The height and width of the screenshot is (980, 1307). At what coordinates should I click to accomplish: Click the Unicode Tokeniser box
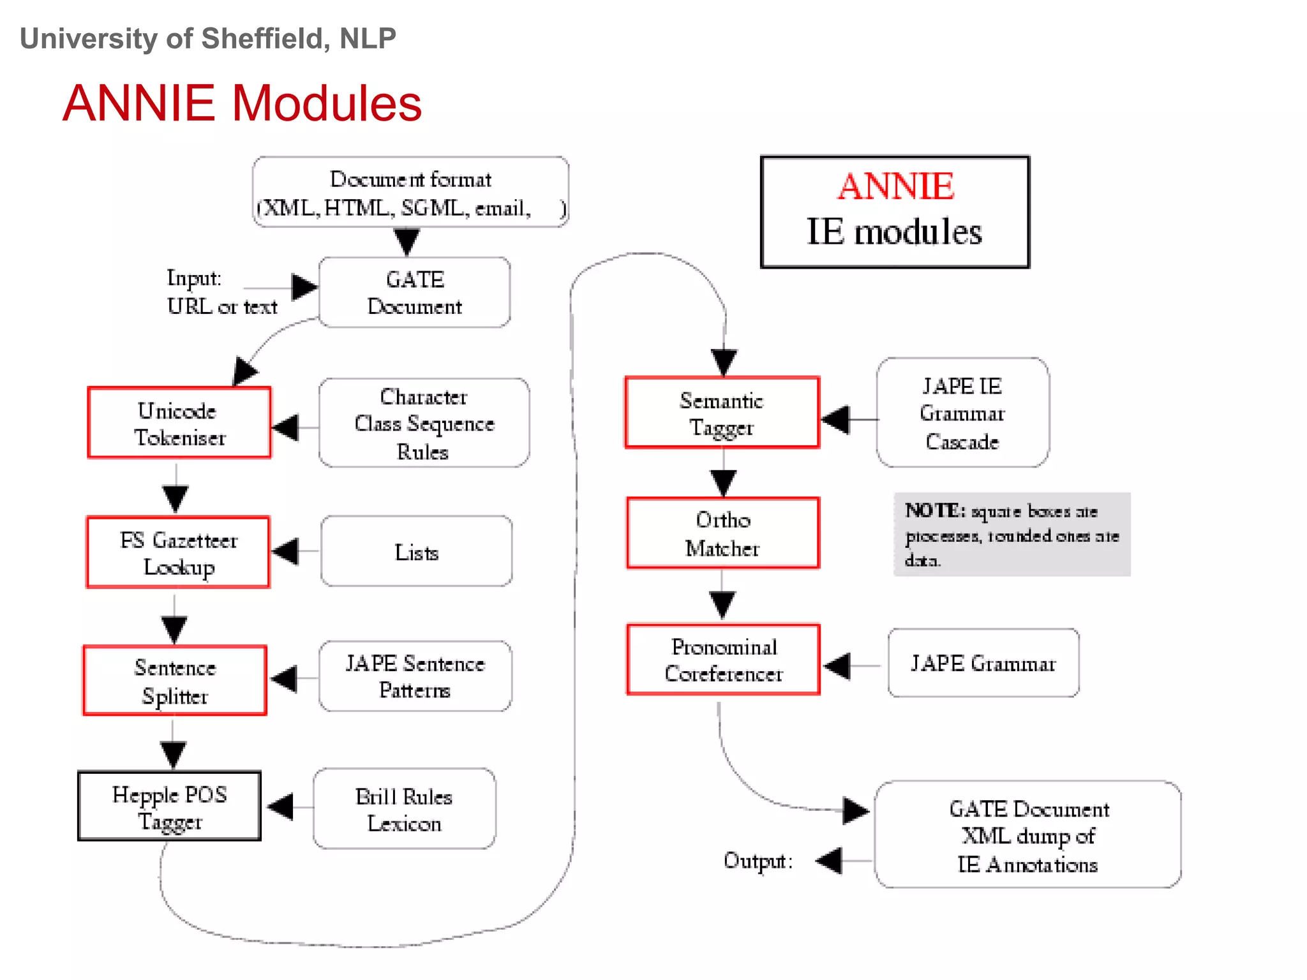[x=179, y=423]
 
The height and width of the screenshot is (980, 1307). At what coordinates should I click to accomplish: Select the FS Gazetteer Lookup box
[x=178, y=553]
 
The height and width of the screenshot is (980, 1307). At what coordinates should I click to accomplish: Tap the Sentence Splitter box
[x=175, y=681]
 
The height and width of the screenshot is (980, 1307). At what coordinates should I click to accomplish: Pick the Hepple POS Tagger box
[x=169, y=806]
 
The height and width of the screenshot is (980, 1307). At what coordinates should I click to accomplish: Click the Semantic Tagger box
[x=722, y=413]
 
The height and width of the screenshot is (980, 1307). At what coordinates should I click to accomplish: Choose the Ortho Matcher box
[x=722, y=533]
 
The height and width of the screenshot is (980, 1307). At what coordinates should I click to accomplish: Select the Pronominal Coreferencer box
[x=723, y=660]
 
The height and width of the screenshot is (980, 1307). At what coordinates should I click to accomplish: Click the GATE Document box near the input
[x=414, y=293]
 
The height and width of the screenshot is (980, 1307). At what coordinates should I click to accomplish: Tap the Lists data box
[x=416, y=552]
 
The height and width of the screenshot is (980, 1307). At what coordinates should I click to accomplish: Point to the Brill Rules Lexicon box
[x=404, y=809]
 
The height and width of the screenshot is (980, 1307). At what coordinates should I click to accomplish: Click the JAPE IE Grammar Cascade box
[x=962, y=413]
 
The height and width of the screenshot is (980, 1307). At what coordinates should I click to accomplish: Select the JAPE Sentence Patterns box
[x=415, y=676]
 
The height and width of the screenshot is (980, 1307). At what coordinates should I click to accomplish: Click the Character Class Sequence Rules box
[x=424, y=423]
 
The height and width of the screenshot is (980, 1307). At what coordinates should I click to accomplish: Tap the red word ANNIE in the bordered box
[x=895, y=186]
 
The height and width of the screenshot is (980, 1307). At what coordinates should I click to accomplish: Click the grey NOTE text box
[x=1012, y=535]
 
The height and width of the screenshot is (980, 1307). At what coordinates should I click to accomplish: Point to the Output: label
[x=758, y=861]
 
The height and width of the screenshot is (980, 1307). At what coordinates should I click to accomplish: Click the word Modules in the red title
[x=326, y=103]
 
